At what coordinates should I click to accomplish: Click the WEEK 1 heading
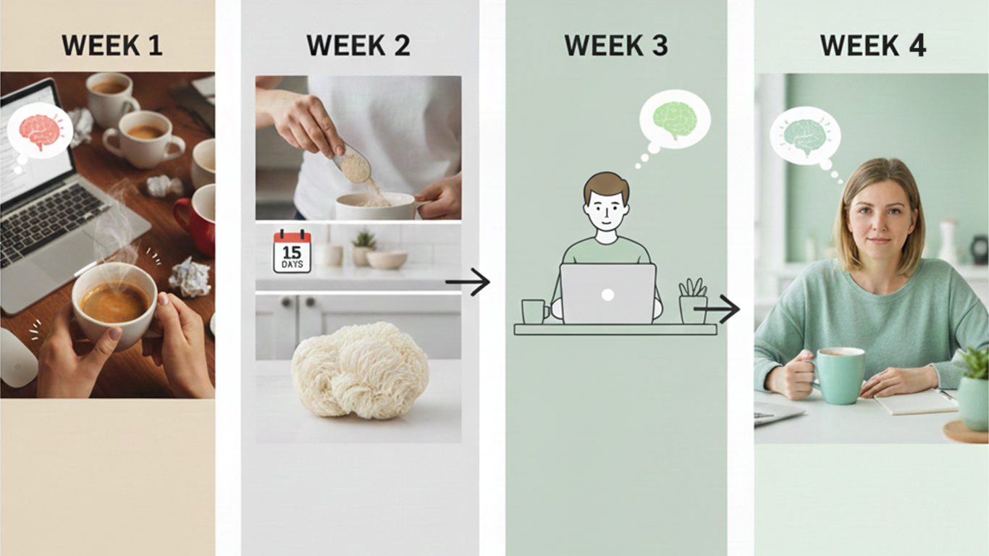coord(111,46)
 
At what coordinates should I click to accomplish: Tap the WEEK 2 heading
coord(358,46)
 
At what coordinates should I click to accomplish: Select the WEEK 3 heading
coord(615,46)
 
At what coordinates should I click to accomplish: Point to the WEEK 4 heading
coord(872,46)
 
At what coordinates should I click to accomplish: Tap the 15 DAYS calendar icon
coord(292,251)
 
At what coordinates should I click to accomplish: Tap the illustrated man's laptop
coord(608,293)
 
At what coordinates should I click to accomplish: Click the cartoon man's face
coord(606,206)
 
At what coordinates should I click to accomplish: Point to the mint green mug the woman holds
coord(840,374)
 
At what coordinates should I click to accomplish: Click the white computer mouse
coord(17,358)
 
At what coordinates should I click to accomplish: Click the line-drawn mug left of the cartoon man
coord(534,311)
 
